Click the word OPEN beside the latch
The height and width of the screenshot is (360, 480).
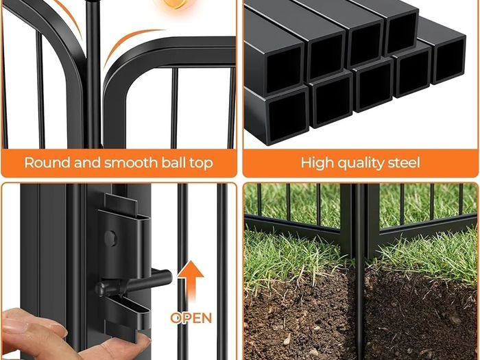point(191,318)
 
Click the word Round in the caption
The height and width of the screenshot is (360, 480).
point(47,163)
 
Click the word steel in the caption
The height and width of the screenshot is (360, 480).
point(404,163)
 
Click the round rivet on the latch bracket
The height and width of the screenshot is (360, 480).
point(110,238)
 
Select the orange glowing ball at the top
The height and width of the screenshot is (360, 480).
point(177,3)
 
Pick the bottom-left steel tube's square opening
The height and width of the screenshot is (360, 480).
point(288,117)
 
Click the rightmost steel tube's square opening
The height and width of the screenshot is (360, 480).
point(449,60)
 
